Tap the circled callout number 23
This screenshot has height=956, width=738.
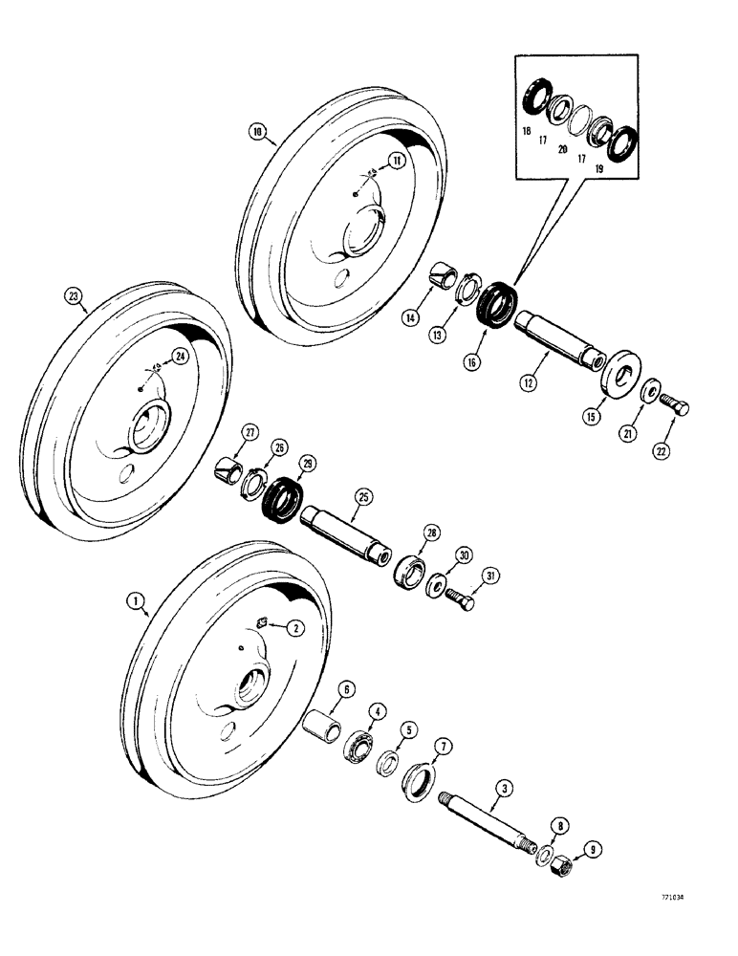pos(75,296)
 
